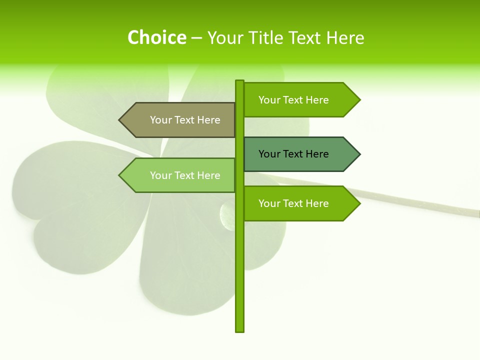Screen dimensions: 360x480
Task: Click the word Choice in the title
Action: pyautogui.click(x=156, y=37)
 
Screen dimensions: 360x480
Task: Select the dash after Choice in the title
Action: pyautogui.click(x=196, y=38)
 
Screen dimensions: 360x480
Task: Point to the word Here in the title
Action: pyautogui.click(x=345, y=37)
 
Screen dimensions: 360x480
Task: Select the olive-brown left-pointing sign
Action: pyautogui.click(x=180, y=120)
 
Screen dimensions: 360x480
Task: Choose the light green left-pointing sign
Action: pyautogui.click(x=180, y=175)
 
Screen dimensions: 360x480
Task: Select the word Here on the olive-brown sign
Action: pyautogui.click(x=208, y=120)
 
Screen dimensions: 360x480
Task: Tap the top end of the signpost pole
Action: pyautogui.click(x=239, y=82)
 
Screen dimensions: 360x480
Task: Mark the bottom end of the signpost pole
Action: pyautogui.click(x=239, y=330)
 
